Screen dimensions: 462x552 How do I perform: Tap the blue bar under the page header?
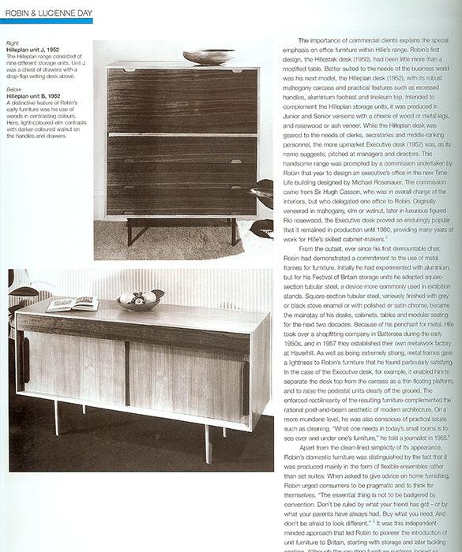[47, 21]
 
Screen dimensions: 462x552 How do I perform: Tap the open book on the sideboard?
[71, 304]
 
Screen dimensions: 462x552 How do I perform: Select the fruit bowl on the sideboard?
[139, 299]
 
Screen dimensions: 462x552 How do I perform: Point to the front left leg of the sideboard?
[56, 417]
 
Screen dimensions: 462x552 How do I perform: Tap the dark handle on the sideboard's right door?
[244, 386]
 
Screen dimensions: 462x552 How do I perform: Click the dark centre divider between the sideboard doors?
[126, 373]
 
